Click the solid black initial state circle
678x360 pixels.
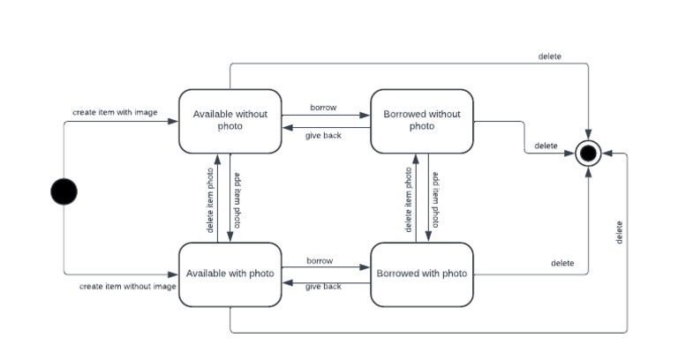tap(64, 191)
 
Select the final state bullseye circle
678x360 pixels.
tap(588, 154)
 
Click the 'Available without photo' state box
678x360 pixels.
tap(230, 120)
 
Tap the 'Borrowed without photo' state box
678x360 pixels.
tap(422, 120)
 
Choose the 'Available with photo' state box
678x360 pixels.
tap(230, 274)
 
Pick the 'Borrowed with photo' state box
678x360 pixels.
tap(422, 274)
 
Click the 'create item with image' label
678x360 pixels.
tap(115, 113)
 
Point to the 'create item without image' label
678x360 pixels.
tap(127, 286)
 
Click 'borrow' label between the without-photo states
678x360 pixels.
tap(322, 108)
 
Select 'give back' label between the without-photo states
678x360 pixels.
tap(323, 135)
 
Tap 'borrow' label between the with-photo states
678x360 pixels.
tap(320, 261)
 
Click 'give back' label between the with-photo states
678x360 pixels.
tap(323, 287)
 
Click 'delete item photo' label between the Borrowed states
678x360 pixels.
tap(408, 199)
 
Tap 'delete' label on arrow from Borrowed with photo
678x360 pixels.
tap(562, 263)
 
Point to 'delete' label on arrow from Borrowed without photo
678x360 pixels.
tap(546, 146)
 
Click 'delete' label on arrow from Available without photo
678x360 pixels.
tap(549, 56)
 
